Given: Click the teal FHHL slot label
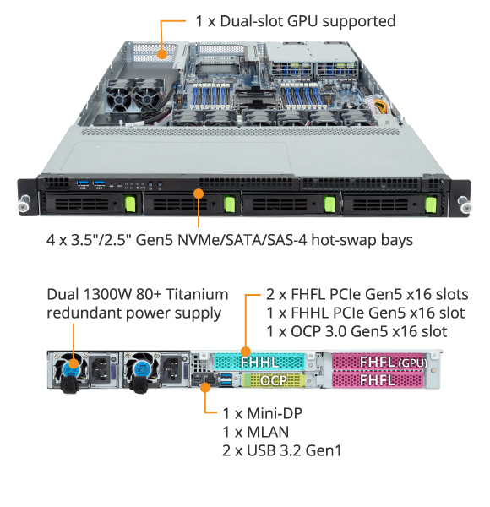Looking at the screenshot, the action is coord(259,362).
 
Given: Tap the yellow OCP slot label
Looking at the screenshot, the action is coord(274,380).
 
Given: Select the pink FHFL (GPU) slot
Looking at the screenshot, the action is coord(378,362).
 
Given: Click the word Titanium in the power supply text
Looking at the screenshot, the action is coord(197,295).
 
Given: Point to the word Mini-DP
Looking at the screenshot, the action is coord(275,413).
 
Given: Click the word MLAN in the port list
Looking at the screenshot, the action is coord(268,433).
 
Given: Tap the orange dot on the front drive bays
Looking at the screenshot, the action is coord(199,194).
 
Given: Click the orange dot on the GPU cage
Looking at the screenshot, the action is coord(162,54).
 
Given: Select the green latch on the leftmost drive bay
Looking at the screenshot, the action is coord(130,204).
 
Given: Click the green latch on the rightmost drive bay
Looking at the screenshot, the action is coord(431,205).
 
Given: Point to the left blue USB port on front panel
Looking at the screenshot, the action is coord(83,183).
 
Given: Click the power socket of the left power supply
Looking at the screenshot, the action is coord(101,369).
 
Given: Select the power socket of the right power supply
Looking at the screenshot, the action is coord(171,369).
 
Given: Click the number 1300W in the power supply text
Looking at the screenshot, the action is coord(107,295).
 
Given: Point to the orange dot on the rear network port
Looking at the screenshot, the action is coord(205,387).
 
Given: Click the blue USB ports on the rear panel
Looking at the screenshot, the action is coord(226,380).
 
